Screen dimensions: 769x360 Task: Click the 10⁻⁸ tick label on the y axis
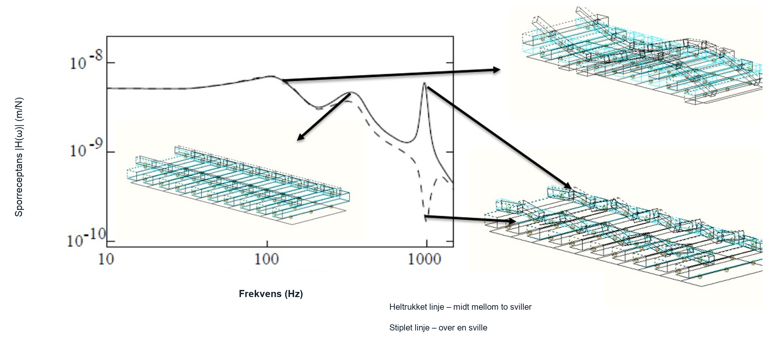(86, 60)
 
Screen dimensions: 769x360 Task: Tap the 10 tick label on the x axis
(106, 259)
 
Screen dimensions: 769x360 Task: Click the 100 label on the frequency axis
(266, 259)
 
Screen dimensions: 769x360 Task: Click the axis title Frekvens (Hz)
(271, 294)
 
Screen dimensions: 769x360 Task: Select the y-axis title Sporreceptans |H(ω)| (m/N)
(19, 157)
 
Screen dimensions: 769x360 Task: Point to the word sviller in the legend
(521, 307)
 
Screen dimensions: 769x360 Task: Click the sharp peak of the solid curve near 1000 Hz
(424, 83)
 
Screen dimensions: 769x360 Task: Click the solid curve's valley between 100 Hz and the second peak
(319, 107)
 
